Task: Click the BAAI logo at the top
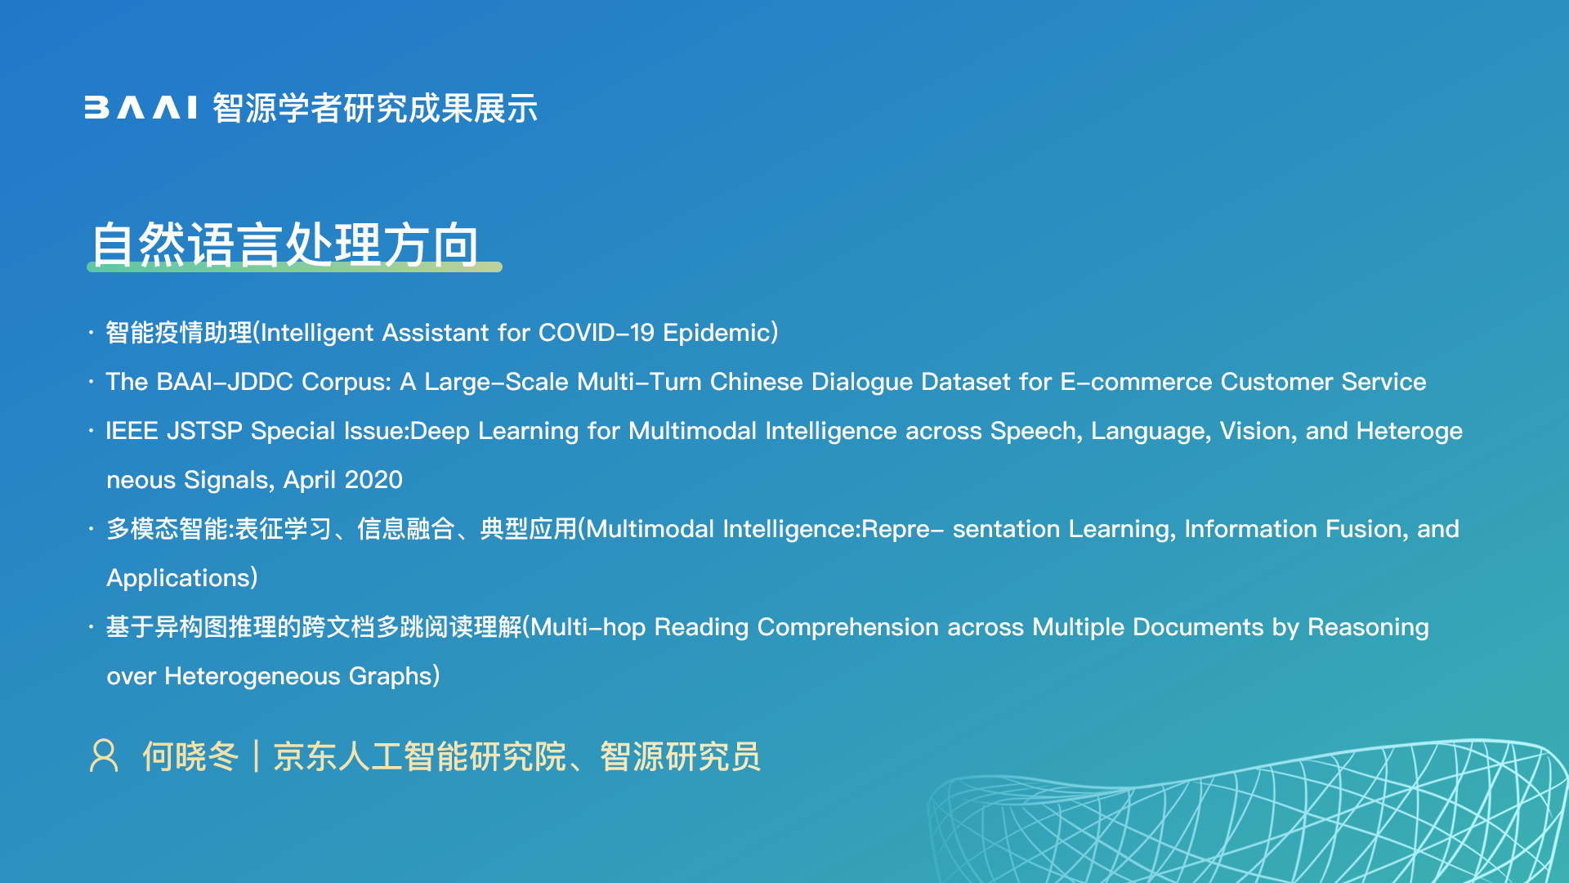141,108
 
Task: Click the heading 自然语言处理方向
285,244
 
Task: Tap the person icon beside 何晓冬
104,755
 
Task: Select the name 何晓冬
190,756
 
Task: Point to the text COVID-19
597,333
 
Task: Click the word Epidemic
717,333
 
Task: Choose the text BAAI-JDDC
225,382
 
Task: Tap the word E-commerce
1136,382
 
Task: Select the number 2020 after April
373,480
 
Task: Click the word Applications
178,578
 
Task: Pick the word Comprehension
848,627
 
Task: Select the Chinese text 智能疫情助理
179,333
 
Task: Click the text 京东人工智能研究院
419,756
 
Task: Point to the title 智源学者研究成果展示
375,108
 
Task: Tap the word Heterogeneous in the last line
253,676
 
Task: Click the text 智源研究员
680,756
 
